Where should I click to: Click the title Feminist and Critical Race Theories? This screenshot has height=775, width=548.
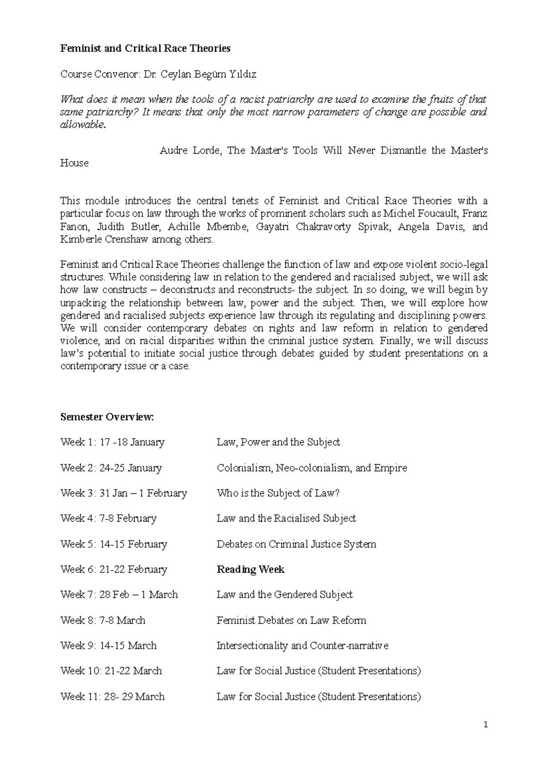pyautogui.click(x=145, y=48)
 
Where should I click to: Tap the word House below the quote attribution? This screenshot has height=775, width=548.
pyautogui.click(x=74, y=163)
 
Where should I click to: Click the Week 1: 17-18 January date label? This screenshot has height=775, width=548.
pyautogui.click(x=112, y=442)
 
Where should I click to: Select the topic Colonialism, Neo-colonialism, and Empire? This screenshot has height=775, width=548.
pyautogui.click(x=311, y=468)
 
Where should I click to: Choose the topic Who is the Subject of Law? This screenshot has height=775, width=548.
pyautogui.click(x=278, y=493)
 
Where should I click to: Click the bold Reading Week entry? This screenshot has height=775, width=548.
pyautogui.click(x=250, y=569)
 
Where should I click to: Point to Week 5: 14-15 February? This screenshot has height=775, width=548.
pyautogui.click(x=114, y=544)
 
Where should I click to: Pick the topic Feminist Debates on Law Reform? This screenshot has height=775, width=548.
pyautogui.click(x=291, y=620)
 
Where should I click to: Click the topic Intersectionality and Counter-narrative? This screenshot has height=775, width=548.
pyautogui.click(x=302, y=645)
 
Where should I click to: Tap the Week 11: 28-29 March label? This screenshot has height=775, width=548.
pyautogui.click(x=112, y=696)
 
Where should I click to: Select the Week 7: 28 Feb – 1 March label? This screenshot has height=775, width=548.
pyautogui.click(x=119, y=595)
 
